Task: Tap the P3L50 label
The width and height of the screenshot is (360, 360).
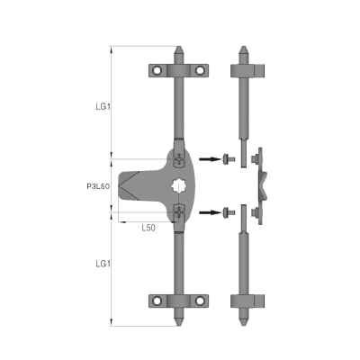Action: [98, 186]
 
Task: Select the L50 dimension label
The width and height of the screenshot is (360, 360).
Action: [148, 228]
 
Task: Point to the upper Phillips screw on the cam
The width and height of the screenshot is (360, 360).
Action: [179, 159]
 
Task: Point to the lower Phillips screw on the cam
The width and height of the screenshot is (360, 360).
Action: [179, 212]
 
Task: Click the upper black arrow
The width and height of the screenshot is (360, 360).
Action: [210, 158]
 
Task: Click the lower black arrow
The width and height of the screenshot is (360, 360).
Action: [210, 212]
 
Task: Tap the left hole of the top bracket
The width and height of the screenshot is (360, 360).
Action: [157, 71]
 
